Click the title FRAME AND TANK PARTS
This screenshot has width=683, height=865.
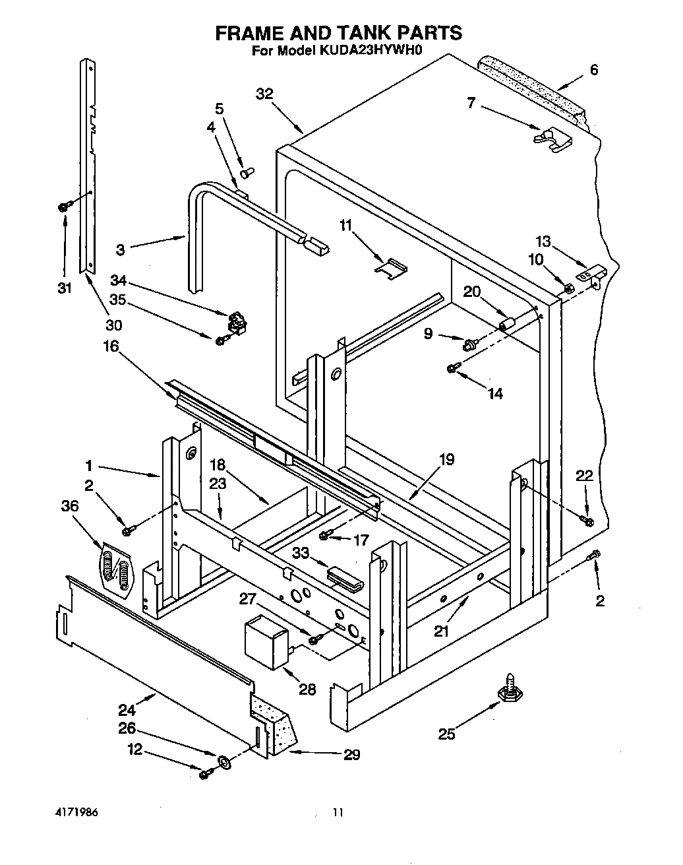point(339,32)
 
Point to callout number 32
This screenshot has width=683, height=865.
point(264,94)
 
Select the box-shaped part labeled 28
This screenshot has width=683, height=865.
point(266,639)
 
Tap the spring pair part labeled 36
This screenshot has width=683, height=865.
point(115,567)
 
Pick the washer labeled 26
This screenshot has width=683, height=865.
point(223,763)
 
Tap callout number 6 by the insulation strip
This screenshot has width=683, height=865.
point(594,69)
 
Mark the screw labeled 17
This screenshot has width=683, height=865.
point(325,535)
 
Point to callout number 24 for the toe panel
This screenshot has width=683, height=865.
point(127,710)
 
